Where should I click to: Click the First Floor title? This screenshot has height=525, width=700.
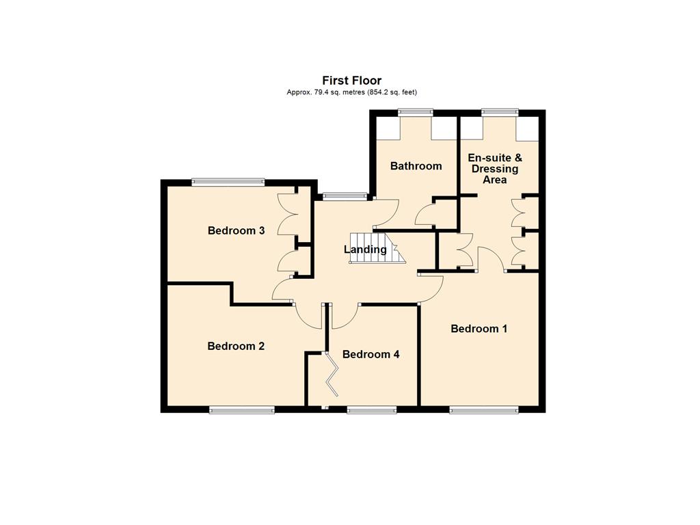(352, 81)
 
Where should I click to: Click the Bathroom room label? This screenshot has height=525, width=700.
(416, 166)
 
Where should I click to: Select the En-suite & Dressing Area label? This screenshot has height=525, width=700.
(495, 169)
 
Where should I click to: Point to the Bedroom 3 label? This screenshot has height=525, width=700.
(236, 230)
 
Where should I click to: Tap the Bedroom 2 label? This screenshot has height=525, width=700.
(236, 346)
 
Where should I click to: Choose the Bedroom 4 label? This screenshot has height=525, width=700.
(371, 354)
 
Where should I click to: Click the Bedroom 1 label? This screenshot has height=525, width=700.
(479, 329)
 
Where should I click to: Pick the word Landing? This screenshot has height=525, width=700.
(365, 250)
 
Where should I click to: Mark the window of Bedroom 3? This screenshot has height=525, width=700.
(228, 182)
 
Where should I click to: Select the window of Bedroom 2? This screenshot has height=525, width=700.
(242, 409)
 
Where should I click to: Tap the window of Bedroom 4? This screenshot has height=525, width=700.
(372, 409)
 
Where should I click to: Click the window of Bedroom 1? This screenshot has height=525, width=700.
(484, 409)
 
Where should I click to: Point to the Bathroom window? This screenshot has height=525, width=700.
(416, 112)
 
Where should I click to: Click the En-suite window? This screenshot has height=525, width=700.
(500, 112)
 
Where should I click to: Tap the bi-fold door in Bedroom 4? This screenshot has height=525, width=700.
(332, 374)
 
